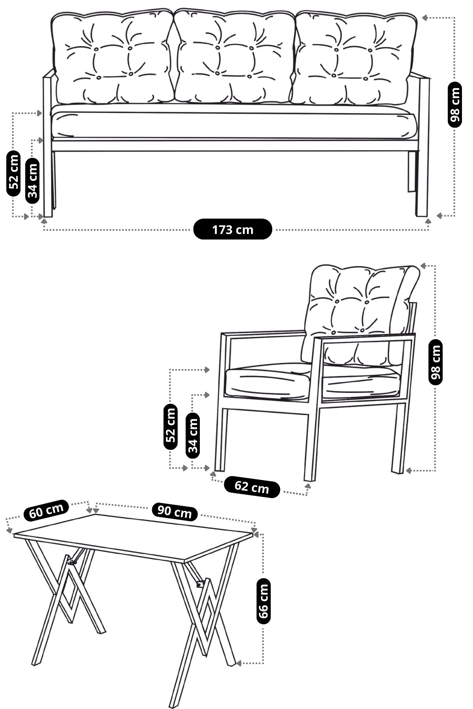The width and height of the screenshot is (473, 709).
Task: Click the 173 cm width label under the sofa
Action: [x=233, y=229]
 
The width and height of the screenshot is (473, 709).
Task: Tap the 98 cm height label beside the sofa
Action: [x=455, y=105]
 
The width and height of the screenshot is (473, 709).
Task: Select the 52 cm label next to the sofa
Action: [x=14, y=173]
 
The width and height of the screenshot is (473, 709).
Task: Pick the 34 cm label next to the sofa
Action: [x=33, y=180]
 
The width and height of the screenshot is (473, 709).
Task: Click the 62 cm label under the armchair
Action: [x=252, y=487]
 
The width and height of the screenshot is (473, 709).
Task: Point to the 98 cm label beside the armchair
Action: [x=436, y=362]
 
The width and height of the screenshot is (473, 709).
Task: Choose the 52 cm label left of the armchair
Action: [x=170, y=426]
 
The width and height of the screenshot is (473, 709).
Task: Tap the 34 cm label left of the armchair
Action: [x=193, y=436]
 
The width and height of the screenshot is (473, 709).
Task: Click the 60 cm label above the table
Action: [x=46, y=510]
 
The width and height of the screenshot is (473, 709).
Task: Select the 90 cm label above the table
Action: [x=175, y=511]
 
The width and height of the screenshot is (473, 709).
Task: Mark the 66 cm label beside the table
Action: [x=263, y=601]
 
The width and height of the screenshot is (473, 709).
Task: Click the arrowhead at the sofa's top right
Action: [x=425, y=17]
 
